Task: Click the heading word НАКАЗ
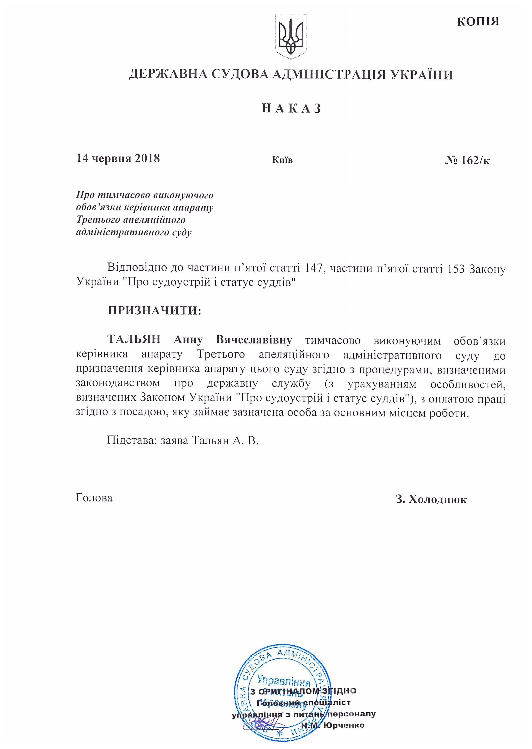tap(291, 108)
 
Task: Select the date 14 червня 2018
tap(118, 158)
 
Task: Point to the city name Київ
tap(282, 160)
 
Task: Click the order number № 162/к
tap(467, 160)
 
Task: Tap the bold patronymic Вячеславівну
tap(254, 340)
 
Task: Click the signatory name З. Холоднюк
tap(431, 499)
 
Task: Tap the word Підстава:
tap(131, 440)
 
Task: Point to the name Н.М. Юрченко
tap(333, 725)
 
